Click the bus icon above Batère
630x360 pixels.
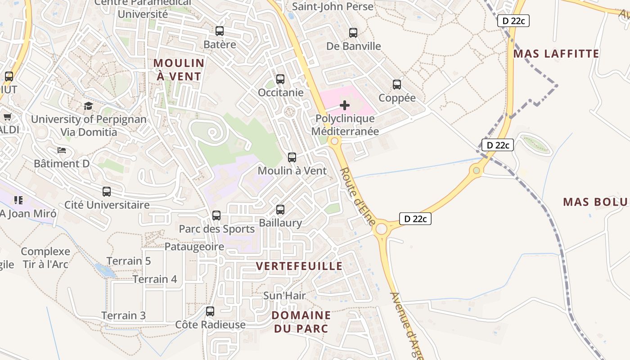coord(220,31)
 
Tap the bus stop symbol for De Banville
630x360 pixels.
coord(353,33)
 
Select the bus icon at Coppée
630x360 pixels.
coord(397,85)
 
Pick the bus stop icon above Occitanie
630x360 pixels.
coord(280,79)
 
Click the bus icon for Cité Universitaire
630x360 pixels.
coord(107,192)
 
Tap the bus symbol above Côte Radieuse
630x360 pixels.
coord(210,311)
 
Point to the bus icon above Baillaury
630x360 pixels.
coord(280,210)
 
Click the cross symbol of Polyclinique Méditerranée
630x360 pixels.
coord(345,105)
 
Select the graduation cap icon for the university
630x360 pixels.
coord(88,106)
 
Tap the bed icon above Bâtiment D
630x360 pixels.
coord(62,150)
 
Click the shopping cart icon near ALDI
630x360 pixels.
coord(7,117)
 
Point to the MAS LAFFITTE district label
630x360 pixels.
coord(556,54)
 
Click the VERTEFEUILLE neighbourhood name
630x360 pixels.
coord(299,266)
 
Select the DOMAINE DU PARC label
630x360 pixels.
coord(301,322)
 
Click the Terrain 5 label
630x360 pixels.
coord(129,261)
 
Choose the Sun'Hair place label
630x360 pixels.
coord(284,296)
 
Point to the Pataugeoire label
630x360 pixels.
coord(194,247)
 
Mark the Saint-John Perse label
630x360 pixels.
coord(333,7)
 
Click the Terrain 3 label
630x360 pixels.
coord(123,315)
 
